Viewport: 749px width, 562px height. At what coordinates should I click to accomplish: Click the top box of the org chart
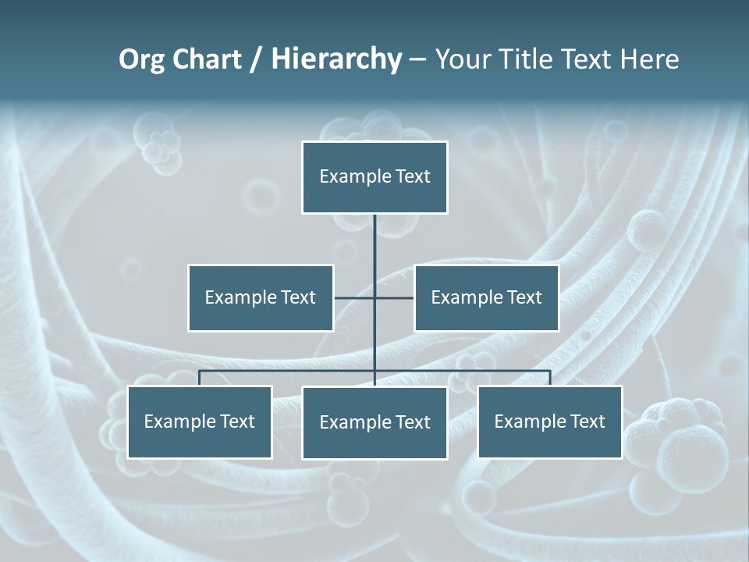coord(374,177)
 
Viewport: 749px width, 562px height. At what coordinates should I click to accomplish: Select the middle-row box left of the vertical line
coord(261,297)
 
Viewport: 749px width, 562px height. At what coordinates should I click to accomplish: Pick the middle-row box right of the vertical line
coord(486,297)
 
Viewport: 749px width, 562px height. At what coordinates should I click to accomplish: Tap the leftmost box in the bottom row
coord(200,421)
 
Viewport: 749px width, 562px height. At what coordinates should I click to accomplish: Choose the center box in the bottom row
coord(374,422)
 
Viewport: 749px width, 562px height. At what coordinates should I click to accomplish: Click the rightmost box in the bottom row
coord(550,421)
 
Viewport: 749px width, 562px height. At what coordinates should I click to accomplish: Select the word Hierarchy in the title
coord(336,59)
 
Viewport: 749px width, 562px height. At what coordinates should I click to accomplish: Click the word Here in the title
coord(650,59)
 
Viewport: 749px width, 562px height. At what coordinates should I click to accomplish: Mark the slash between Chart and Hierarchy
coord(256,59)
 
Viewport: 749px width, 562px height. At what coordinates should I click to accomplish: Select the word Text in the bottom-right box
coord(587,421)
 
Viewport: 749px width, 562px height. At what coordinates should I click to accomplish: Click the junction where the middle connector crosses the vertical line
coord(374,297)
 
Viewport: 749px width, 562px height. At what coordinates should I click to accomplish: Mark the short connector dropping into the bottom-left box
coord(200,378)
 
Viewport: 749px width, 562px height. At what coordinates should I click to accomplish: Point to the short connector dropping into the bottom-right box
coord(550,378)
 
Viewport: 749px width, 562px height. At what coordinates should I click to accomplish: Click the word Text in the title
coord(588,59)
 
